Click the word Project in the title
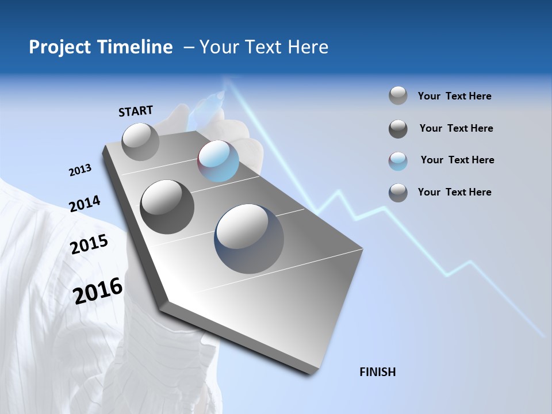59,47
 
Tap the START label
136,111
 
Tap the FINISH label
378,372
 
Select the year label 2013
80,170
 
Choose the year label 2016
98,290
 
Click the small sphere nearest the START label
140,141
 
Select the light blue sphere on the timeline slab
218,161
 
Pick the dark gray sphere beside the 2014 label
167,206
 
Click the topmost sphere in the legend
398,96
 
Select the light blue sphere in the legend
398,160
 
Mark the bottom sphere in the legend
398,193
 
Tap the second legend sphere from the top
398,129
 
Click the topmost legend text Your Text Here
454,96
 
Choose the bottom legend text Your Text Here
454,192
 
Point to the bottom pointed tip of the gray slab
310,374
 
